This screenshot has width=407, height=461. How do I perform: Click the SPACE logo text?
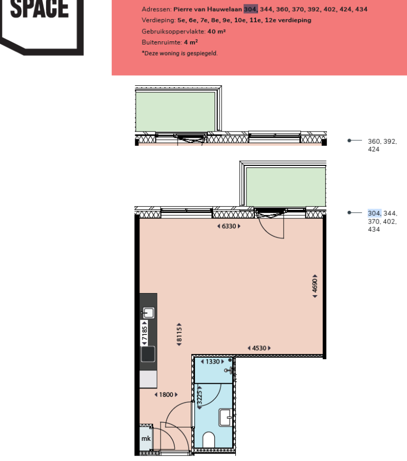coord(39,9)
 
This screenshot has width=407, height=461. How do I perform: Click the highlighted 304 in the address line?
coord(250,10)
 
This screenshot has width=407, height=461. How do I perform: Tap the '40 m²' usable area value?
coord(217,32)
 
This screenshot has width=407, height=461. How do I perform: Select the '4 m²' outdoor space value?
coord(191,42)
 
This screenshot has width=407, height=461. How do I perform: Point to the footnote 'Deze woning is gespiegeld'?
coord(180,54)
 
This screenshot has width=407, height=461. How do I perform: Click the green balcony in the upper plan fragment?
coord(175,110)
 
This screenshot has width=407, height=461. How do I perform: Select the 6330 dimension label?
coord(229,226)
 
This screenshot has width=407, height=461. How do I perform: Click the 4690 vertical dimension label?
coord(315,286)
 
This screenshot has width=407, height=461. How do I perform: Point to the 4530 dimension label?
coord(259,348)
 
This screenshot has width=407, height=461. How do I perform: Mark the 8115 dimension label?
coord(180,334)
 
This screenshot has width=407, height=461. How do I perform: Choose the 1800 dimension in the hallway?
coord(165,395)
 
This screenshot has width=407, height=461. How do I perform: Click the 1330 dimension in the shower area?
coord(212,362)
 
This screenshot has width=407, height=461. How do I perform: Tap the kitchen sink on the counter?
coord(148,313)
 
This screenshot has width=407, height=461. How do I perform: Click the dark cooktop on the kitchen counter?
coord(148,353)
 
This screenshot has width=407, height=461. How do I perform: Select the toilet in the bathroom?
coord(209,439)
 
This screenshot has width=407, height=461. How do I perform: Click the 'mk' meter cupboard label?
coord(145,439)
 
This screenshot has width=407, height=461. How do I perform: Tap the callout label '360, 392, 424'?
coord(382,145)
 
